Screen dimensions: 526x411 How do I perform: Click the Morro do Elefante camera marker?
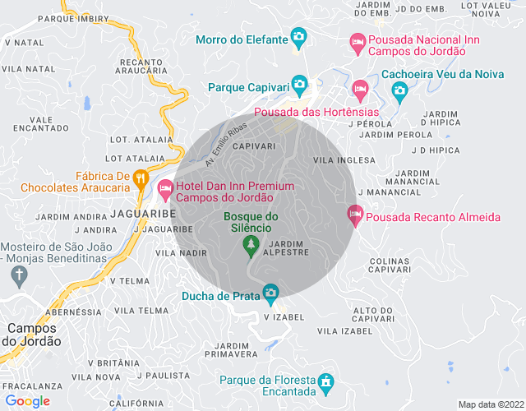(298, 37)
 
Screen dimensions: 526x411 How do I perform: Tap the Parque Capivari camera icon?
(300, 84)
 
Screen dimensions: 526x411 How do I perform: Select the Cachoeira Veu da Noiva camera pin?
(399, 90)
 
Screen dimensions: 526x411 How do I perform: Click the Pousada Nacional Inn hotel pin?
(358, 40)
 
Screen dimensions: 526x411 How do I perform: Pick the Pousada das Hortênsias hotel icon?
(359, 88)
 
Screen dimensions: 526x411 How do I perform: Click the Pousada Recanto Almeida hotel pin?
(355, 215)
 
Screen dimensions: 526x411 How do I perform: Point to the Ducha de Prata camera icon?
(270, 292)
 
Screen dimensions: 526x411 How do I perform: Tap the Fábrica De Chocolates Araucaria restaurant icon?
(141, 176)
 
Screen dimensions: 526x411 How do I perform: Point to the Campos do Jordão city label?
(33, 335)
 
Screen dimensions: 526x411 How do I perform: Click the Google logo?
(27, 401)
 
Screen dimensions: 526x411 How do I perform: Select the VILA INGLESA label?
(339, 161)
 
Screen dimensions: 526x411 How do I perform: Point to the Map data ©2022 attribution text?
(490, 404)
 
